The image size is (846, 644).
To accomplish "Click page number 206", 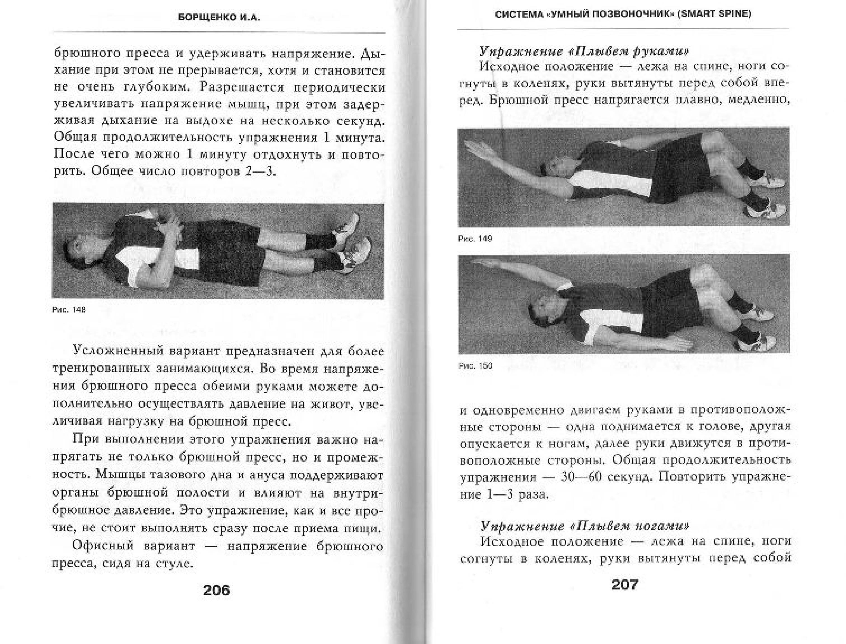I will pos(217,590).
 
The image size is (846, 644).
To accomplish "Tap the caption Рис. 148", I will pos(69,310).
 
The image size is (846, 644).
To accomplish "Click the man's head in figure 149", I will pos(552,169).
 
